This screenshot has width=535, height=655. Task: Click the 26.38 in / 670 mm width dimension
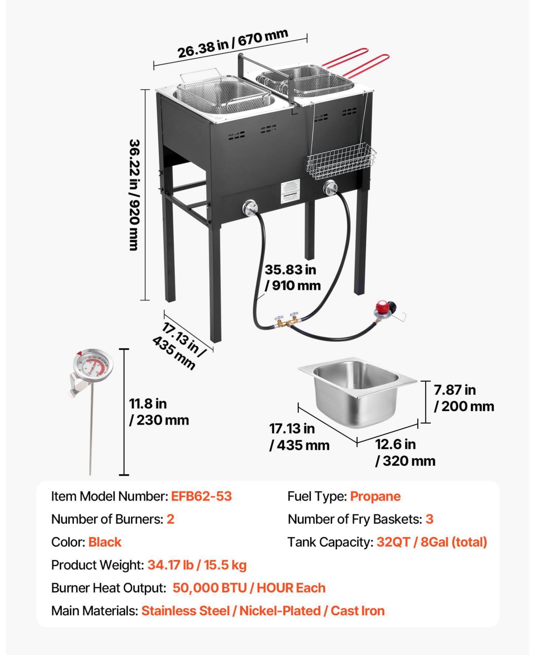[x=233, y=44]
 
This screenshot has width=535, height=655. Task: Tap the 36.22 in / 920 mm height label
[x=135, y=195]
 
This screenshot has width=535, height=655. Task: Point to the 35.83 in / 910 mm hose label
[x=292, y=277]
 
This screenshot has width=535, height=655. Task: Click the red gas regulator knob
[x=383, y=308]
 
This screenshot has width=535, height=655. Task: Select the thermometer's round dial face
[x=93, y=365]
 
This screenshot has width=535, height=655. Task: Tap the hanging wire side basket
[x=342, y=160]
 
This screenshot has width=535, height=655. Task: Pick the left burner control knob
[x=250, y=209]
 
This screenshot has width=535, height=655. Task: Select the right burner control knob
[x=330, y=188]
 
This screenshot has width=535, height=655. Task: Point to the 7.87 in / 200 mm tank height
[x=464, y=398]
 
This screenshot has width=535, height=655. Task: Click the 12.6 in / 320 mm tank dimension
[x=405, y=452]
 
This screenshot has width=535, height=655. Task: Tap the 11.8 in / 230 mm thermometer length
[x=159, y=412]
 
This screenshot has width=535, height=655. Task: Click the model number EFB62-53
[x=202, y=496]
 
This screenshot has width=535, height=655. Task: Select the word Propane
[x=375, y=496]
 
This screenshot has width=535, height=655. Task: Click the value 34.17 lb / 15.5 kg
[x=197, y=565]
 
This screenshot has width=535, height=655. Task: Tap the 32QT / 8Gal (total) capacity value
[x=432, y=542]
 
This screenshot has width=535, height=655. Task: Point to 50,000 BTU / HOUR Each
[x=249, y=588]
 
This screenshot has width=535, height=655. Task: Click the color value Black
[x=105, y=542]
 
